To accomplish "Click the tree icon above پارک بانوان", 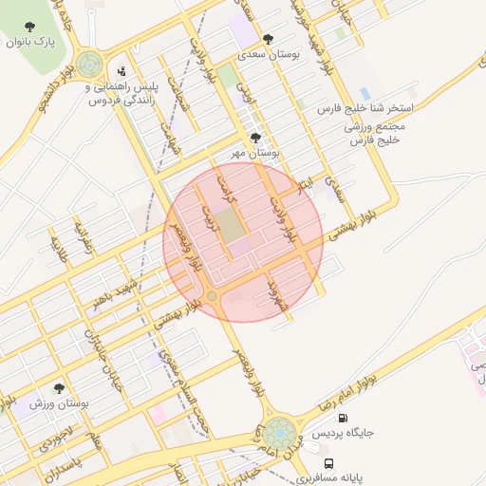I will pyautogui.click(x=30, y=27).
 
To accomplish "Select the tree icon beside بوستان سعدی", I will pyautogui.click(x=269, y=40).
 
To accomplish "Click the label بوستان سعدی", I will pyautogui.click(x=276, y=55).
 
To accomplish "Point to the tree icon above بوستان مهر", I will pyautogui.click(x=255, y=138).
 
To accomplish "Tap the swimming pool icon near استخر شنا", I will pyautogui.click(x=364, y=93).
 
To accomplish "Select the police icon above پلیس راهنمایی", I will pyautogui.click(x=121, y=70).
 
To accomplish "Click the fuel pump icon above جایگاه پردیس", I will pyautogui.click(x=342, y=418).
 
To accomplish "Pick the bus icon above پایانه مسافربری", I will pyautogui.click(x=328, y=463).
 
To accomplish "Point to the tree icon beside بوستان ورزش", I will pyautogui.click(x=59, y=388).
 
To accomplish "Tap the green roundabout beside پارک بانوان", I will pyautogui.click(x=90, y=65).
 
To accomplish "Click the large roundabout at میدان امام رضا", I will pyautogui.click(x=280, y=434).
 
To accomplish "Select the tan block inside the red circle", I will pyautogui.click(x=228, y=224).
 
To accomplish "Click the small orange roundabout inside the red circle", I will pyautogui.click(x=212, y=297).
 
